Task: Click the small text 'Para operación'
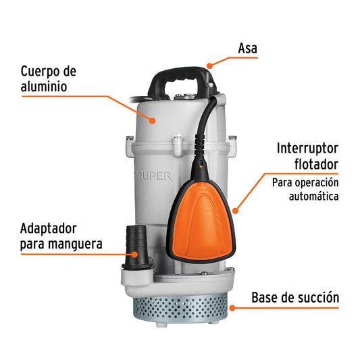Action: pyautogui.click(x=306, y=182)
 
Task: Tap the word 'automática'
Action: pyautogui.click(x=313, y=197)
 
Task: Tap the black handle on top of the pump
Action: pyautogui.click(x=183, y=80)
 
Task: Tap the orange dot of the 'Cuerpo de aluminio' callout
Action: pyautogui.click(x=153, y=122)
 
